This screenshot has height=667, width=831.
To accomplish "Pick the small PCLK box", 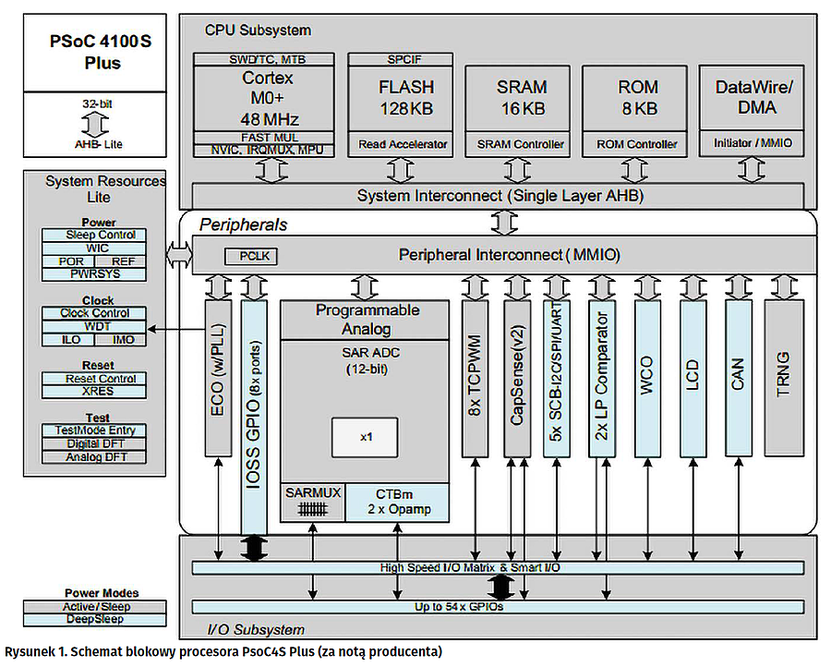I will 250,256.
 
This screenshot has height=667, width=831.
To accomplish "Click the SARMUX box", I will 312,503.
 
